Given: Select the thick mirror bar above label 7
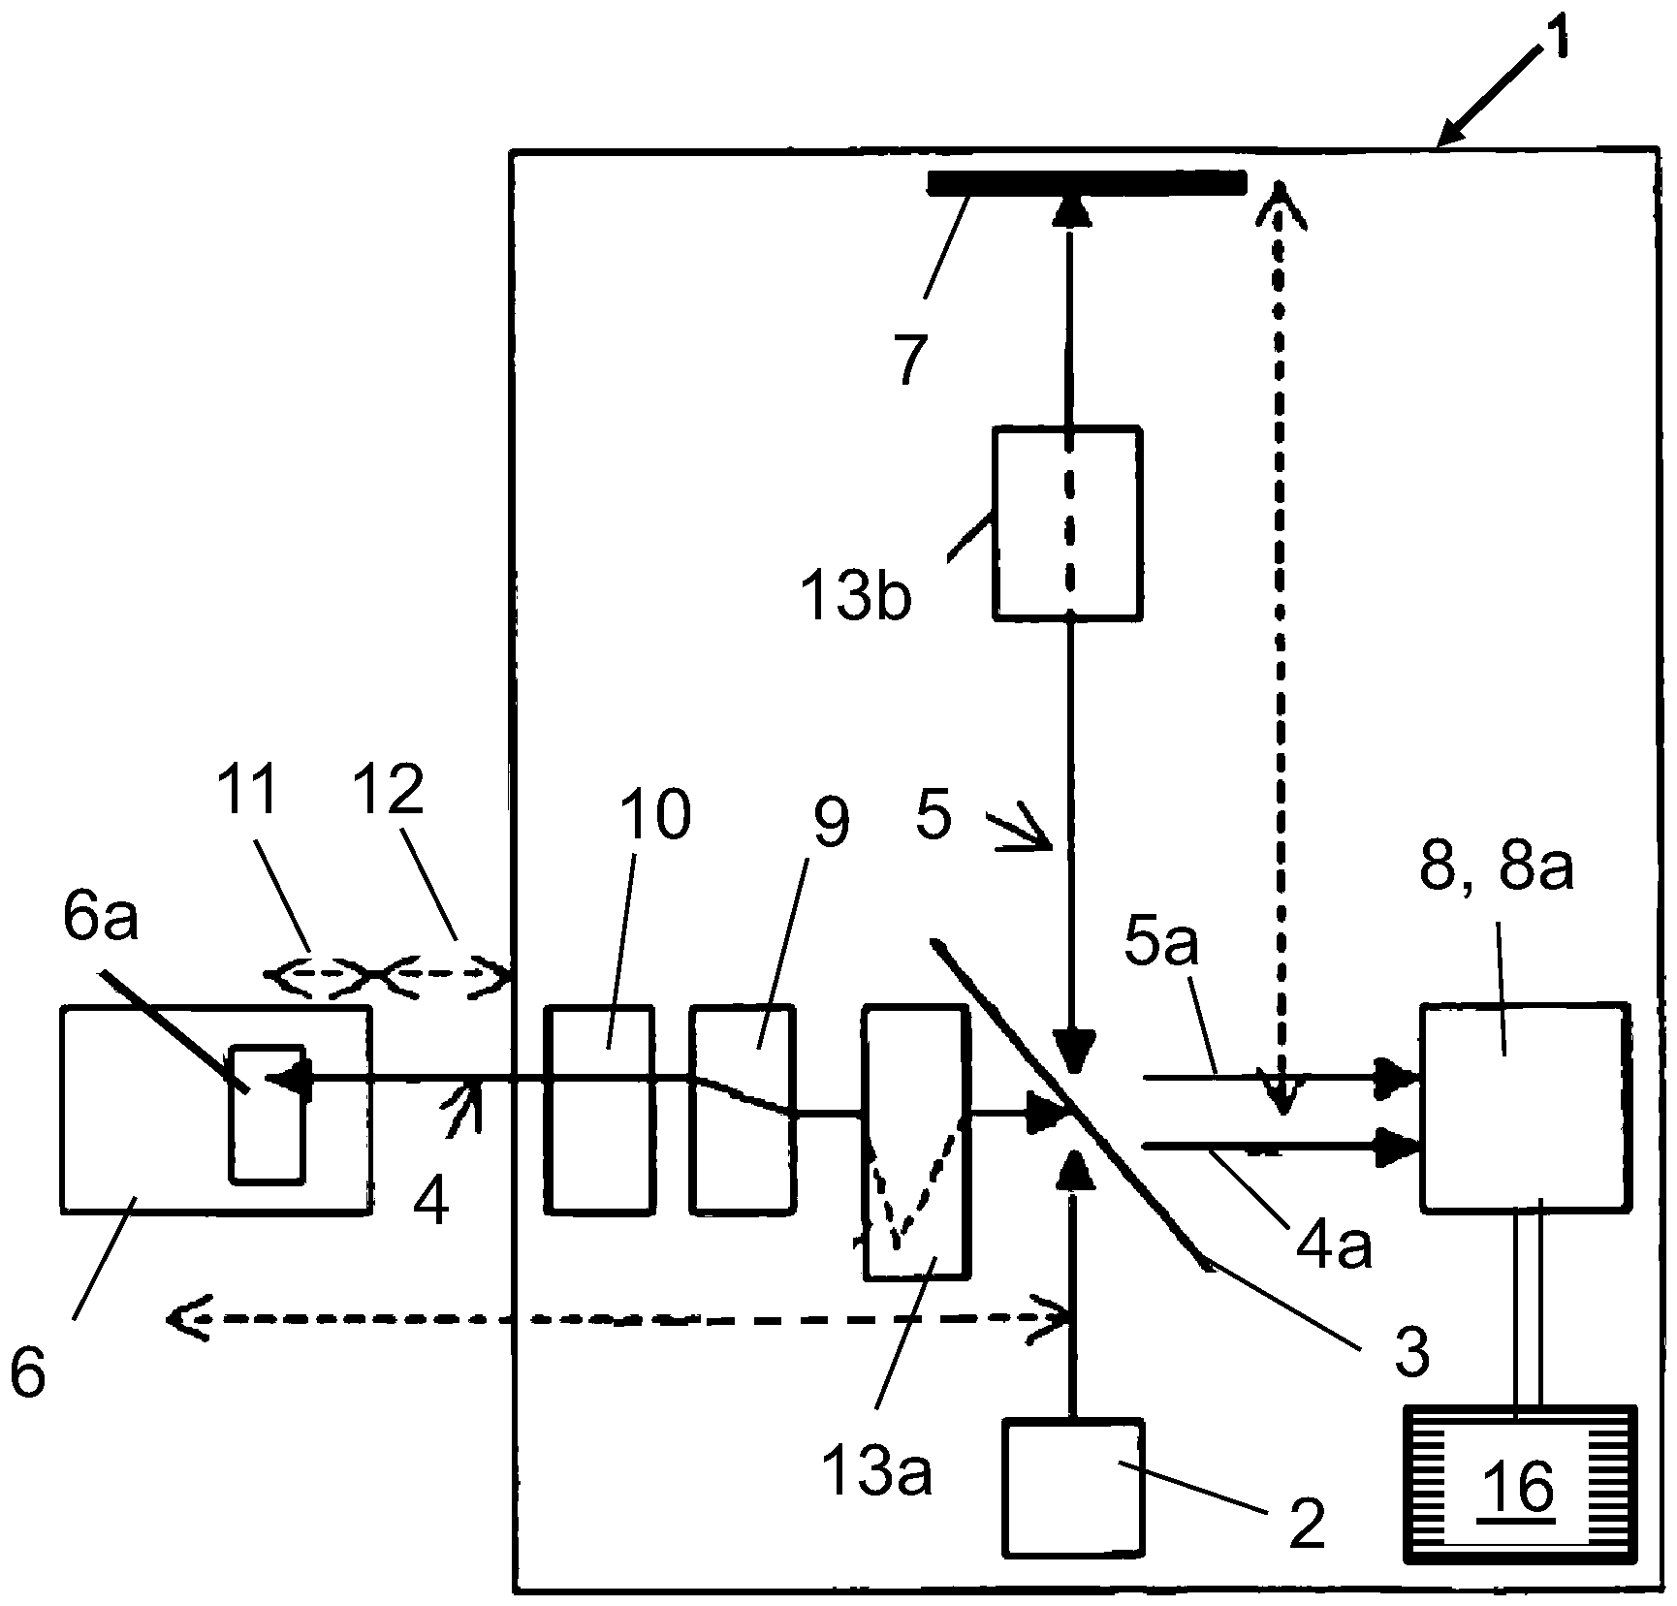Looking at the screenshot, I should (x=1086, y=182).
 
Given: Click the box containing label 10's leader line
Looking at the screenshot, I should (x=599, y=1108).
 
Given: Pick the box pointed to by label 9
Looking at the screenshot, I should (x=743, y=1108).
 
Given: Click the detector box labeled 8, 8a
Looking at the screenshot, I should (x=1524, y=1108).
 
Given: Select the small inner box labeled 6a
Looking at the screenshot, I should (x=267, y=1113).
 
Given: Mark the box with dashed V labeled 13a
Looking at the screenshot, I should (x=915, y=1143).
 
